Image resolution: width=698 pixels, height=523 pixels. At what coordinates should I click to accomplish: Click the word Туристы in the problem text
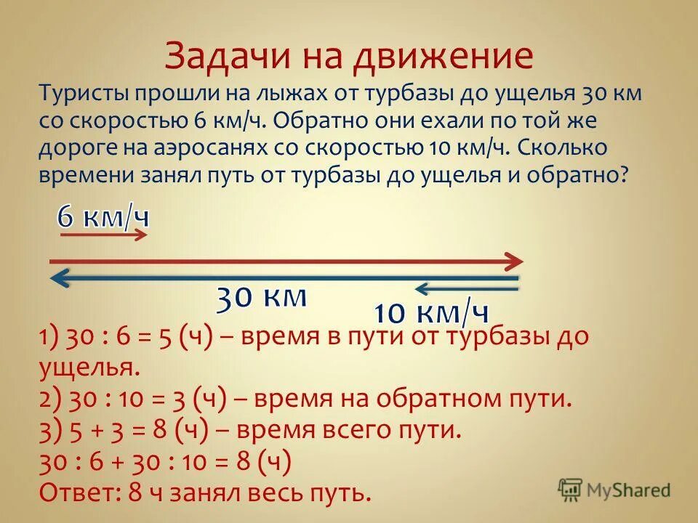[87, 94]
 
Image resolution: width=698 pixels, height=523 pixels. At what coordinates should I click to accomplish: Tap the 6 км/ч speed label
[103, 216]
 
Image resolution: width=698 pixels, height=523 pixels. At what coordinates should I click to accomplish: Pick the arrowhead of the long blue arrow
[59, 277]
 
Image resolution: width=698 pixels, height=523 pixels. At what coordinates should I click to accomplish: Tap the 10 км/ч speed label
[430, 314]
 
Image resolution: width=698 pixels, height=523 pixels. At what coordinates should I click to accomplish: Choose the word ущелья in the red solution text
[87, 368]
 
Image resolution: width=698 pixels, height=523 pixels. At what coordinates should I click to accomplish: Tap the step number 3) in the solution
[50, 430]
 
